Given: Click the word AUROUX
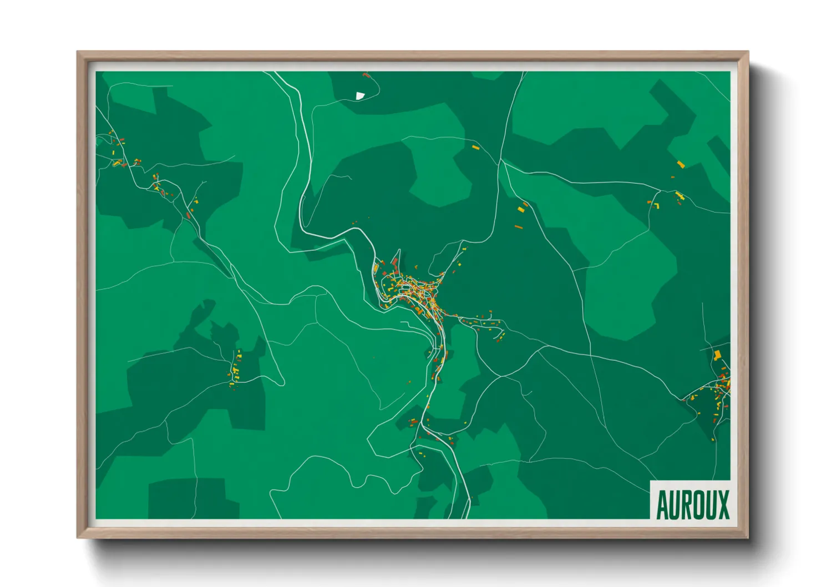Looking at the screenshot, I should click(692, 504).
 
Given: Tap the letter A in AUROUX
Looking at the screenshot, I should click(662, 504).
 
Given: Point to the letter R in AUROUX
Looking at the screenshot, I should click(687, 504).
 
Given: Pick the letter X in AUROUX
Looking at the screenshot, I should click(723, 504).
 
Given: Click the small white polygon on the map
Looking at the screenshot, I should click(360, 96).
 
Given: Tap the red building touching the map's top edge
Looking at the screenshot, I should click(365, 74).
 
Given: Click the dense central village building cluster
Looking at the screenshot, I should click(413, 291).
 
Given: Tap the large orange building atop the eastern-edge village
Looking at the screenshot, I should click(717, 355).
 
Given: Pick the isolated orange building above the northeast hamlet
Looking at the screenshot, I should click(681, 164).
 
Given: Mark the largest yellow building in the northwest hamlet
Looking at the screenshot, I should click(117, 163).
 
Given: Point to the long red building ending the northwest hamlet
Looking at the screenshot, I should click(189, 214).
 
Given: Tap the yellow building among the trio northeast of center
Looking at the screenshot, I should click(521, 209).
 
